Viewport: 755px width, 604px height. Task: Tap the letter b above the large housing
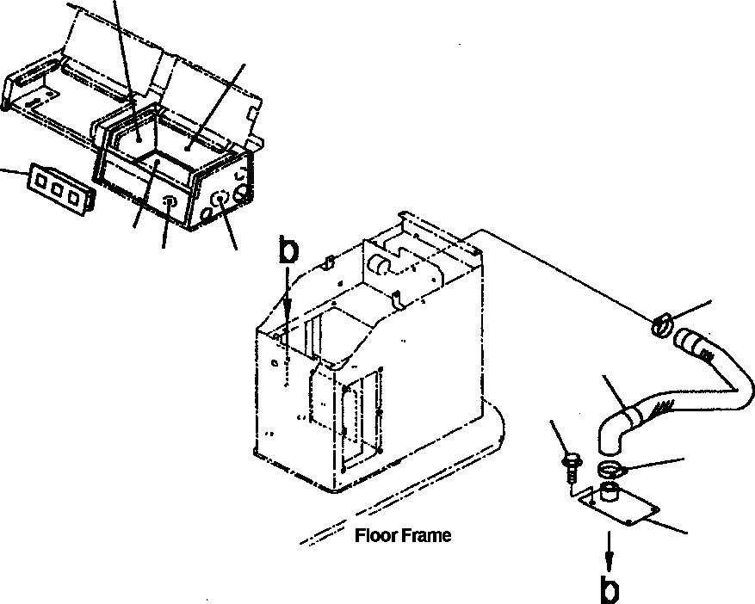tap(290, 251)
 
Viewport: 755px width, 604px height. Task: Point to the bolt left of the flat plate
tap(571, 465)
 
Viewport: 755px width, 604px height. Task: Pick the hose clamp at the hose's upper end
tap(661, 326)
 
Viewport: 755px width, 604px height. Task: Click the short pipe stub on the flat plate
tap(610, 492)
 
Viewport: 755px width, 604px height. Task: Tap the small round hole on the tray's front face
tap(170, 203)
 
